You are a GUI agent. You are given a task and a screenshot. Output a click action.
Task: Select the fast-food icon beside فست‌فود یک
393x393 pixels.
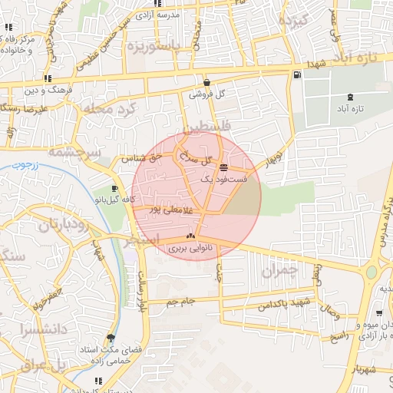[223, 167]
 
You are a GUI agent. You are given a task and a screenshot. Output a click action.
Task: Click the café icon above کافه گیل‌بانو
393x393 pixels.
[114, 188]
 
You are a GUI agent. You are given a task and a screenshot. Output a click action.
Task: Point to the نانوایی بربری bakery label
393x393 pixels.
[183, 248]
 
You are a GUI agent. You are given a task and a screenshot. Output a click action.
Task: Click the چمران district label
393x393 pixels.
[277, 271]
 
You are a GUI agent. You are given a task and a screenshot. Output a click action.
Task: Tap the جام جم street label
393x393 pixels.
[182, 301]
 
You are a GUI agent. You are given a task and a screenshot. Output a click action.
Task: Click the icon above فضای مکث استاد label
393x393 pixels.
[111, 337]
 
